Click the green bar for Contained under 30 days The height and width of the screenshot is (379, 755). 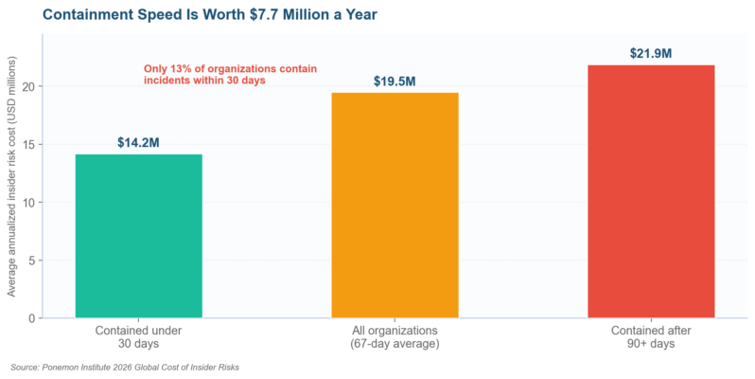coord(139,236)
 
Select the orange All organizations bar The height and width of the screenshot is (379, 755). coord(395,205)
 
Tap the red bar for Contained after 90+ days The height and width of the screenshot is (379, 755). coord(651,191)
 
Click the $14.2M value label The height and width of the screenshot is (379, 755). coord(138,143)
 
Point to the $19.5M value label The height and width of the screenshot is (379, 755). coord(395,81)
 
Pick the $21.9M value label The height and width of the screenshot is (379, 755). coord(651,53)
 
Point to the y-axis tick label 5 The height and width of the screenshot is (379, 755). coord(33,261)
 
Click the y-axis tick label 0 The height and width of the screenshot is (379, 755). coord(33,318)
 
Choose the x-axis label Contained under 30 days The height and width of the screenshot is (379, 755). coord(139,337)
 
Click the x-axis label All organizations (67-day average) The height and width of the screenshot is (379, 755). coord(395,337)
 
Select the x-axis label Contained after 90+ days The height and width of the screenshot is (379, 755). coord(651,337)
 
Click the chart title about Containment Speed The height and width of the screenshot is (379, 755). coord(210,14)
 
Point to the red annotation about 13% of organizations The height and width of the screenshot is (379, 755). coord(230,74)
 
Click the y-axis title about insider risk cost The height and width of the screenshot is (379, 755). coord(11,176)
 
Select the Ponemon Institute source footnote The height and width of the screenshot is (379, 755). coord(125,368)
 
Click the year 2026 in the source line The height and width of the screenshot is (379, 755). coord(122,368)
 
